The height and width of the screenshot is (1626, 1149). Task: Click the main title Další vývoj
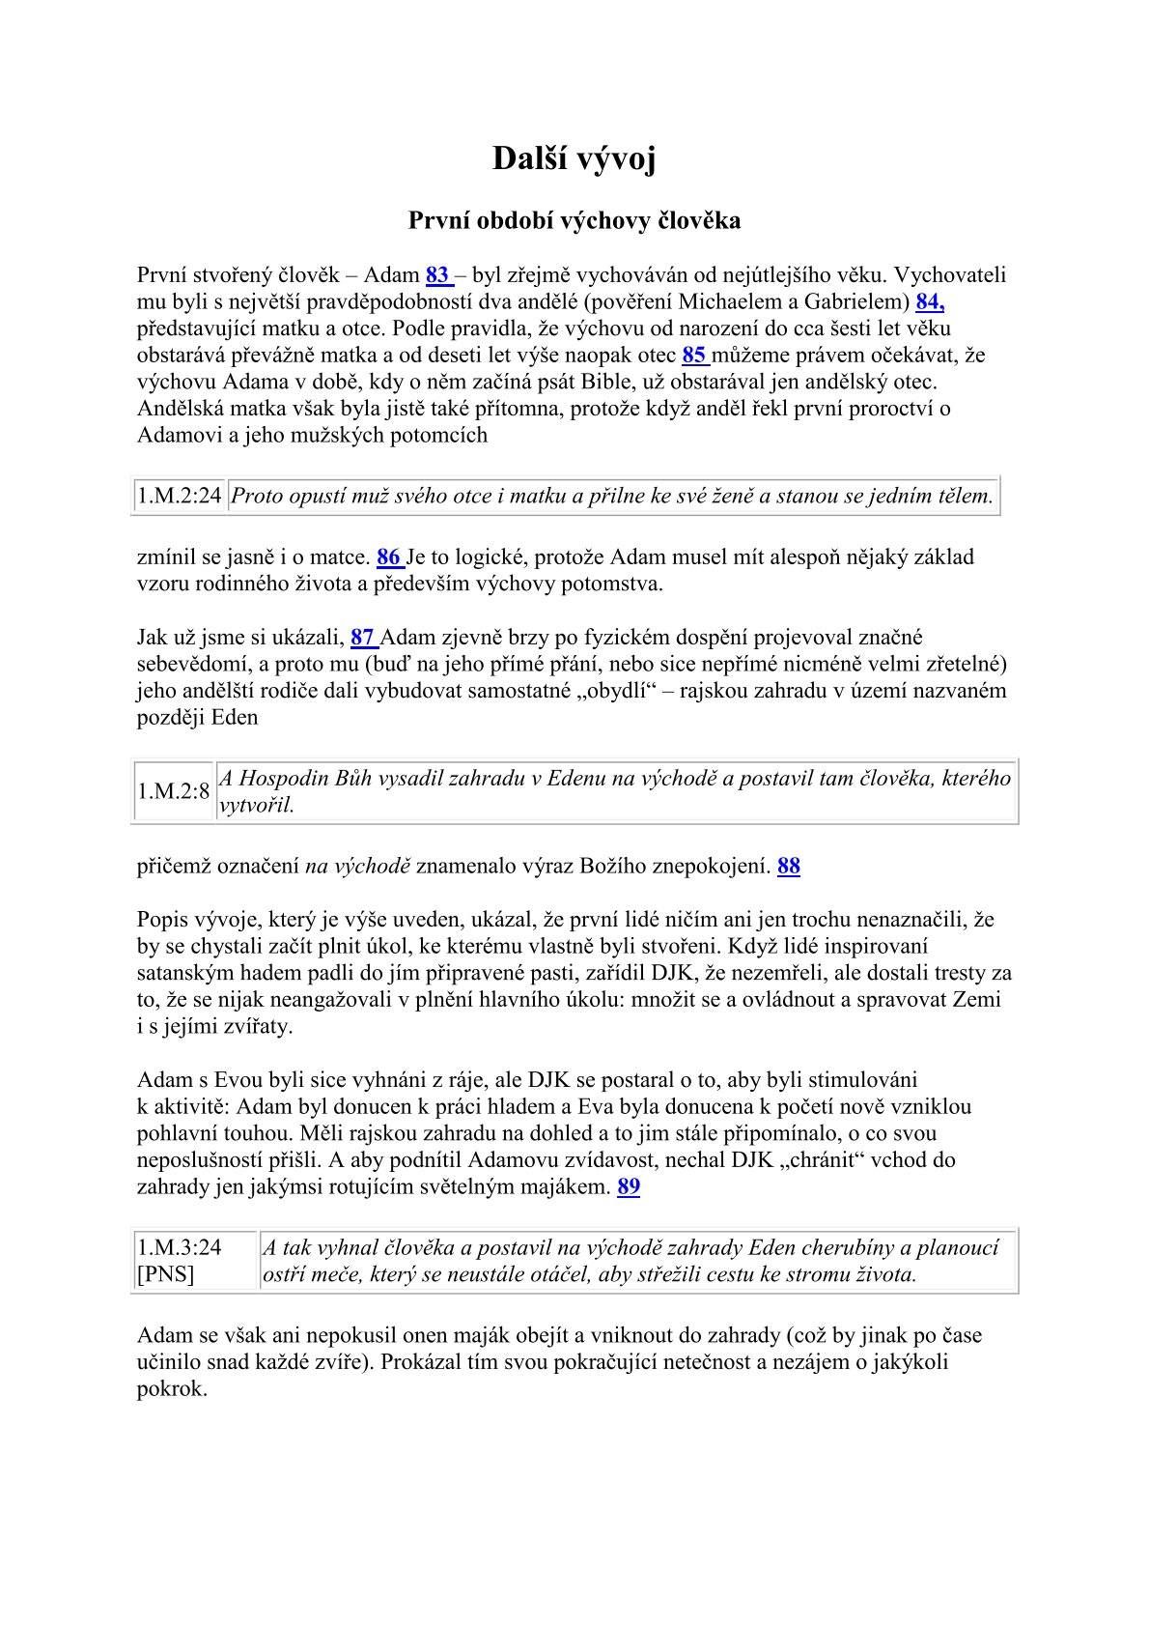(x=574, y=158)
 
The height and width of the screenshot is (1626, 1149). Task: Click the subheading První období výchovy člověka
(x=574, y=221)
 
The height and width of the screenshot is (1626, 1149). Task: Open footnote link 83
(x=437, y=275)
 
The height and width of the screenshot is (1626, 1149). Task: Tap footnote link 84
(x=929, y=301)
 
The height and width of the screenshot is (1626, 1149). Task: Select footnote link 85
(x=694, y=355)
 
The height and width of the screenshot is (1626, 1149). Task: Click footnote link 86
(x=389, y=557)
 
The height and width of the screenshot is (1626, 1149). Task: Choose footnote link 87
(x=363, y=638)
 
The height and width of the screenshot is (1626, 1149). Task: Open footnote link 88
(x=789, y=866)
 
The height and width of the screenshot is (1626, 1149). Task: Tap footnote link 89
(x=629, y=1186)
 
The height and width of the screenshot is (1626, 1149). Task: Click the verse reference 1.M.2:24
(x=180, y=497)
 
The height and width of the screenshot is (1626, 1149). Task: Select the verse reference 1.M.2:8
(x=174, y=791)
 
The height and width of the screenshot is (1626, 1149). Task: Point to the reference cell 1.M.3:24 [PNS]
(x=180, y=1261)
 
